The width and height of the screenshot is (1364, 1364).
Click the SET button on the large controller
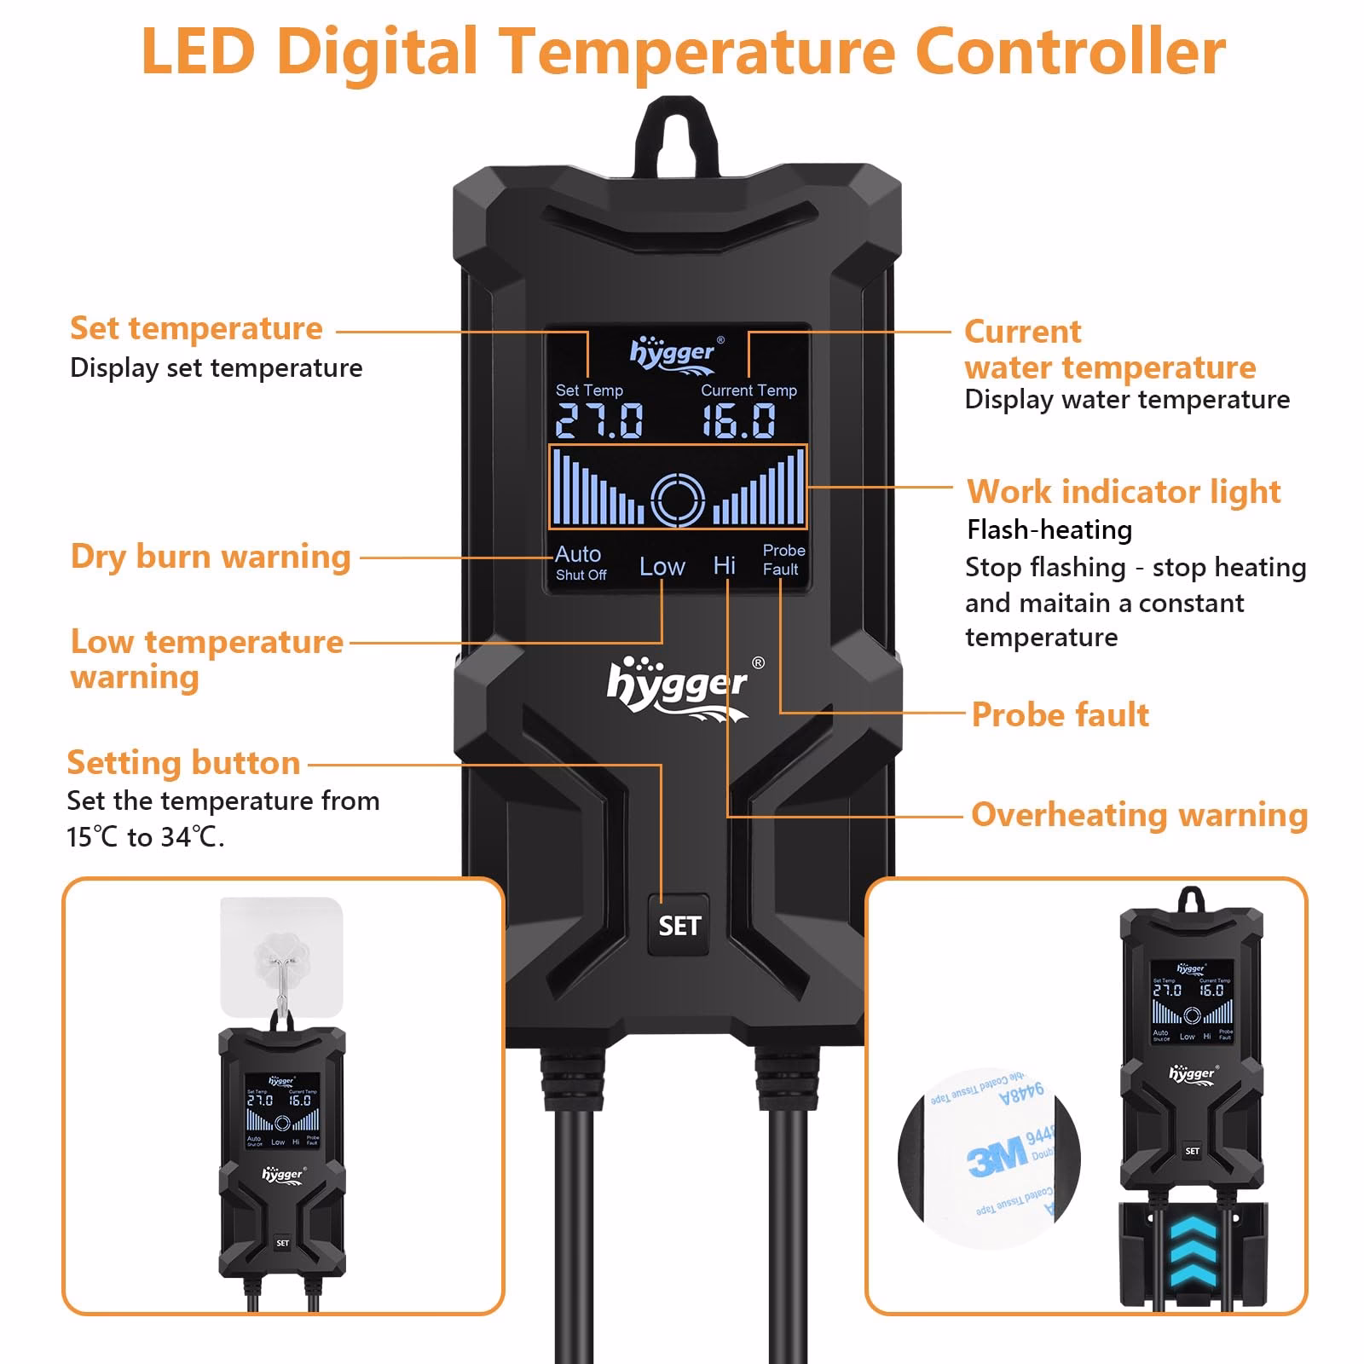click(x=679, y=925)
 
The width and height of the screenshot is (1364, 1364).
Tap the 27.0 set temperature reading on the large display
click(x=599, y=420)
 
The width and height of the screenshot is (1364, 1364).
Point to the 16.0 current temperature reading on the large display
click(x=739, y=420)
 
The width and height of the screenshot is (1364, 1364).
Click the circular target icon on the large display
click(x=678, y=499)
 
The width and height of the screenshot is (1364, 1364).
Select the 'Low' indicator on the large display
click(x=662, y=567)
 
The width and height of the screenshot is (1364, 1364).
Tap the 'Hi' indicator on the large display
click(x=725, y=565)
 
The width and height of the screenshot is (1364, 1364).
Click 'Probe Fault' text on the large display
click(x=783, y=560)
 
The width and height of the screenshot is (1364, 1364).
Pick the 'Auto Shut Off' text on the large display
click(x=580, y=563)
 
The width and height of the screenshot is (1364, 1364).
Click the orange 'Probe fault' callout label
click(x=1060, y=714)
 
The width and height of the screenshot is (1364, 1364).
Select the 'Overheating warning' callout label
click(x=1139, y=814)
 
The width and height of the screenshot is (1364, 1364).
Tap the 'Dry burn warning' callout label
click(x=211, y=556)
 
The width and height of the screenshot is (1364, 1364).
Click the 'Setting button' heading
click(x=183, y=762)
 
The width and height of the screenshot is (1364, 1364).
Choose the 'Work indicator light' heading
click(x=1124, y=492)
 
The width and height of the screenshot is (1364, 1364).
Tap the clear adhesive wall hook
click(x=281, y=959)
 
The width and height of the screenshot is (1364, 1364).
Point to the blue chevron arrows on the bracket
click(x=1192, y=1253)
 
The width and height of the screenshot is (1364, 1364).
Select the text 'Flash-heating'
click(x=1049, y=529)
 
